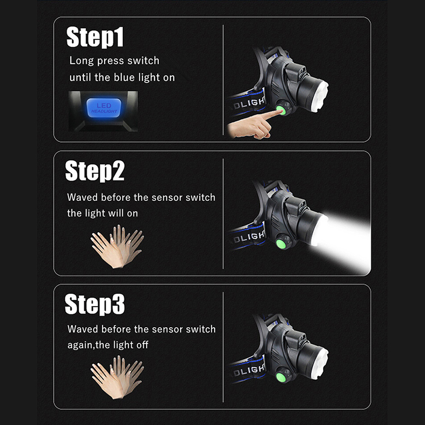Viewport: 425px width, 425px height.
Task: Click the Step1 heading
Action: (95, 37)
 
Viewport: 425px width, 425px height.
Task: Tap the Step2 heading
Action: (95, 171)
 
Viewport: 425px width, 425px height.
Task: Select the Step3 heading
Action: (95, 304)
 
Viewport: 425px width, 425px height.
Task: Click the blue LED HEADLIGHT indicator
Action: (104, 108)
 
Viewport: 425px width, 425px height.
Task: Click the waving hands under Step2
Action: (117, 246)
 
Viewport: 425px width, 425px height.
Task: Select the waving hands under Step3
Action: (117, 377)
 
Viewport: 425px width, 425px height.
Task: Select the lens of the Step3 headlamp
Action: (321, 363)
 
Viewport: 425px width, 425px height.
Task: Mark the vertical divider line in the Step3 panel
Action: (223, 347)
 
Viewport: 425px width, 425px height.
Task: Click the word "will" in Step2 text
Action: (116, 213)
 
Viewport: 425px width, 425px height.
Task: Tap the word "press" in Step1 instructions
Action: (110, 61)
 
